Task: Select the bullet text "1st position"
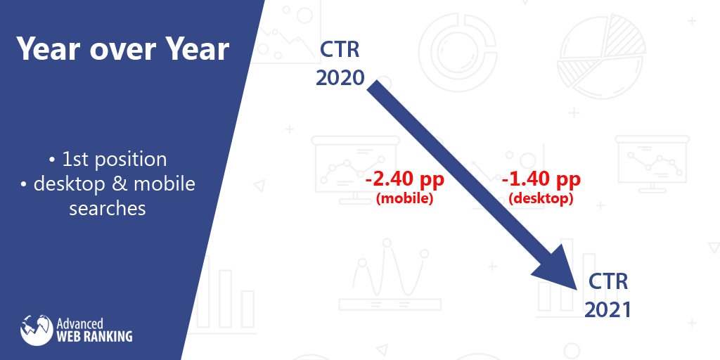(x=114, y=159)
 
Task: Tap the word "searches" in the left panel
(x=108, y=209)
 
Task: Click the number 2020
(x=340, y=77)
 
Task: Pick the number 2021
(x=607, y=309)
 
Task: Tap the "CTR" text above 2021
(x=607, y=282)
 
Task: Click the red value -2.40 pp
(x=404, y=180)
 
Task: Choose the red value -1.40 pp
(x=541, y=180)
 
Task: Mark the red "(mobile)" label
(x=404, y=199)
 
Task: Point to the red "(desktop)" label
(x=541, y=199)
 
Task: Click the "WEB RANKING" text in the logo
(x=94, y=336)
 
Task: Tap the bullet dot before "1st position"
(x=54, y=160)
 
